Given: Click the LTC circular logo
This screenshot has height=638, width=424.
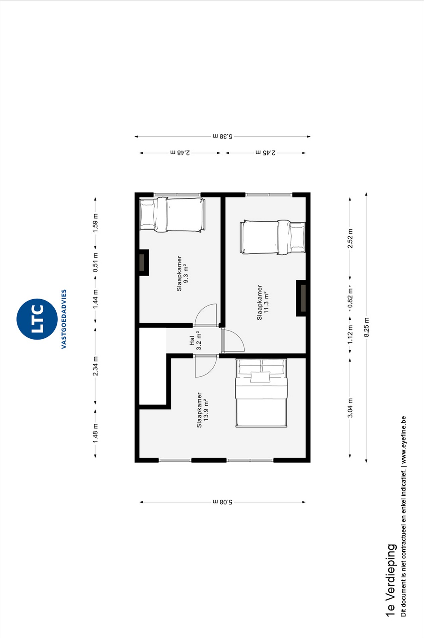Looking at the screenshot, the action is [37, 319].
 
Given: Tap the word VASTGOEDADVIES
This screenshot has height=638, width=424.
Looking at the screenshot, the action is [64, 319].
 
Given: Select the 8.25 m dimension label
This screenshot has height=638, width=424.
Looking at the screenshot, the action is [366, 327].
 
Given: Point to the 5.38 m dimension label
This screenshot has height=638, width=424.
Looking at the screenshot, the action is [222, 136].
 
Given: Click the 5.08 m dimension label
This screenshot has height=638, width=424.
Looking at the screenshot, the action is [222, 502].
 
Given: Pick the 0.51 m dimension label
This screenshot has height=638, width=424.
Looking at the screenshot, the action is [96, 262].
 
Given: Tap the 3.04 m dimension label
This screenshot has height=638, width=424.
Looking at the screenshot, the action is [350, 408].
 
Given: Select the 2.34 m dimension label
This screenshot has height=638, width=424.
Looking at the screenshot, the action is [96, 366].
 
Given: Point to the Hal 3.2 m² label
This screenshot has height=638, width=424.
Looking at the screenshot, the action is [195, 340].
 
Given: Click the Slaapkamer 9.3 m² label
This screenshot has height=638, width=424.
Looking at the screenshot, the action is [182, 273].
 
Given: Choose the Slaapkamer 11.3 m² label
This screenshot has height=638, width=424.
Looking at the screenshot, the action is [263, 302].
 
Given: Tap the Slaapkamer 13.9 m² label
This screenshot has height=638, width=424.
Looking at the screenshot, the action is [203, 410].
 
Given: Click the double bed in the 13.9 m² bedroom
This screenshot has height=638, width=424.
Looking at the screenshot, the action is [261, 393].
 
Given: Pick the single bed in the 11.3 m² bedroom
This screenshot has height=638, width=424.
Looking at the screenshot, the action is [272, 237].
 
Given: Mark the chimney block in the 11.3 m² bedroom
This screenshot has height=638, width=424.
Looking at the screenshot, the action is [301, 298].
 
